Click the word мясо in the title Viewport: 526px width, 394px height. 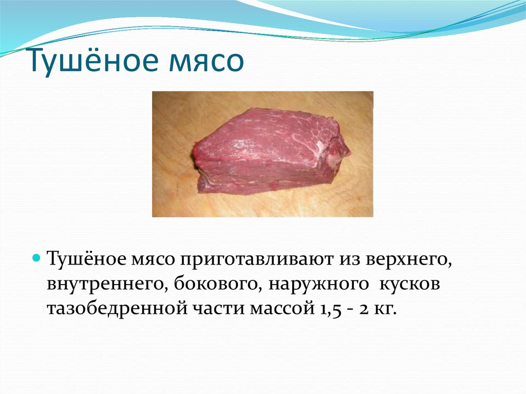tap(206, 63)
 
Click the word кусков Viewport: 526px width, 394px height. tap(409, 285)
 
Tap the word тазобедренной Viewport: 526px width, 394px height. tap(118, 308)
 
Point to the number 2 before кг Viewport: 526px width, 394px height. tap(364, 309)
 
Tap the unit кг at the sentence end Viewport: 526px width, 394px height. tap(385, 309)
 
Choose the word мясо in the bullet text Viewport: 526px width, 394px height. tap(154, 260)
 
